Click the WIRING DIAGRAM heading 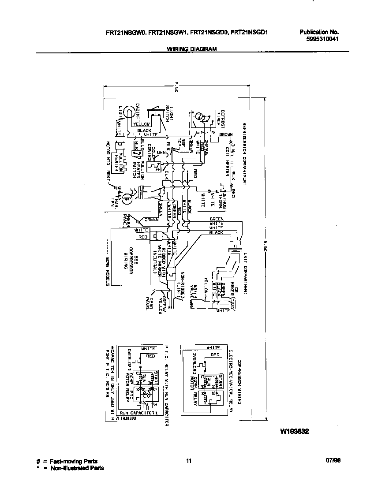coord(191,49)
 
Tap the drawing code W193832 coord(294,432)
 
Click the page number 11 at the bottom coord(189,461)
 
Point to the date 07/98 coord(334,461)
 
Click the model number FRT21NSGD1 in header coord(250,32)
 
